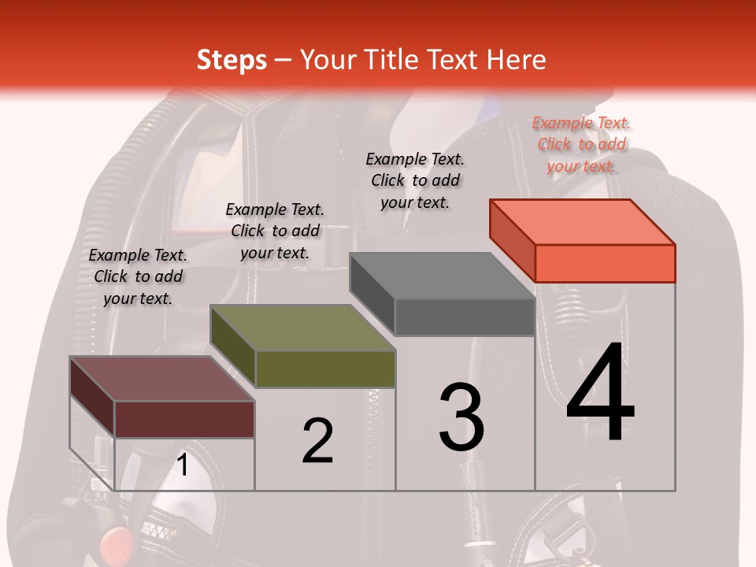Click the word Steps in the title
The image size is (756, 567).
coord(232,60)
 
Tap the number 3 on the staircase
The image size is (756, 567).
coord(461,417)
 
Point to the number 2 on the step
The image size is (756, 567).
coord(317,441)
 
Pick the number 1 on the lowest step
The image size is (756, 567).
coord(183,465)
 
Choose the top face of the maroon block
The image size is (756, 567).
coord(162,379)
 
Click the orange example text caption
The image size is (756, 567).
coord(581,144)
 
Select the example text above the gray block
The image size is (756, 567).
coord(415,180)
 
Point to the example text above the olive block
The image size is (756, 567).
coord(275,231)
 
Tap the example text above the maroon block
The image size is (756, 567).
coord(138,276)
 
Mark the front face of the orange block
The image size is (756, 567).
coord(605,263)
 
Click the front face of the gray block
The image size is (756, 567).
coord(465,317)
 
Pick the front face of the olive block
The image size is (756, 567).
coord(324,369)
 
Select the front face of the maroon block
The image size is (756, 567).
coord(184,419)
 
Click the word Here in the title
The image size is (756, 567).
coord(516,60)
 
